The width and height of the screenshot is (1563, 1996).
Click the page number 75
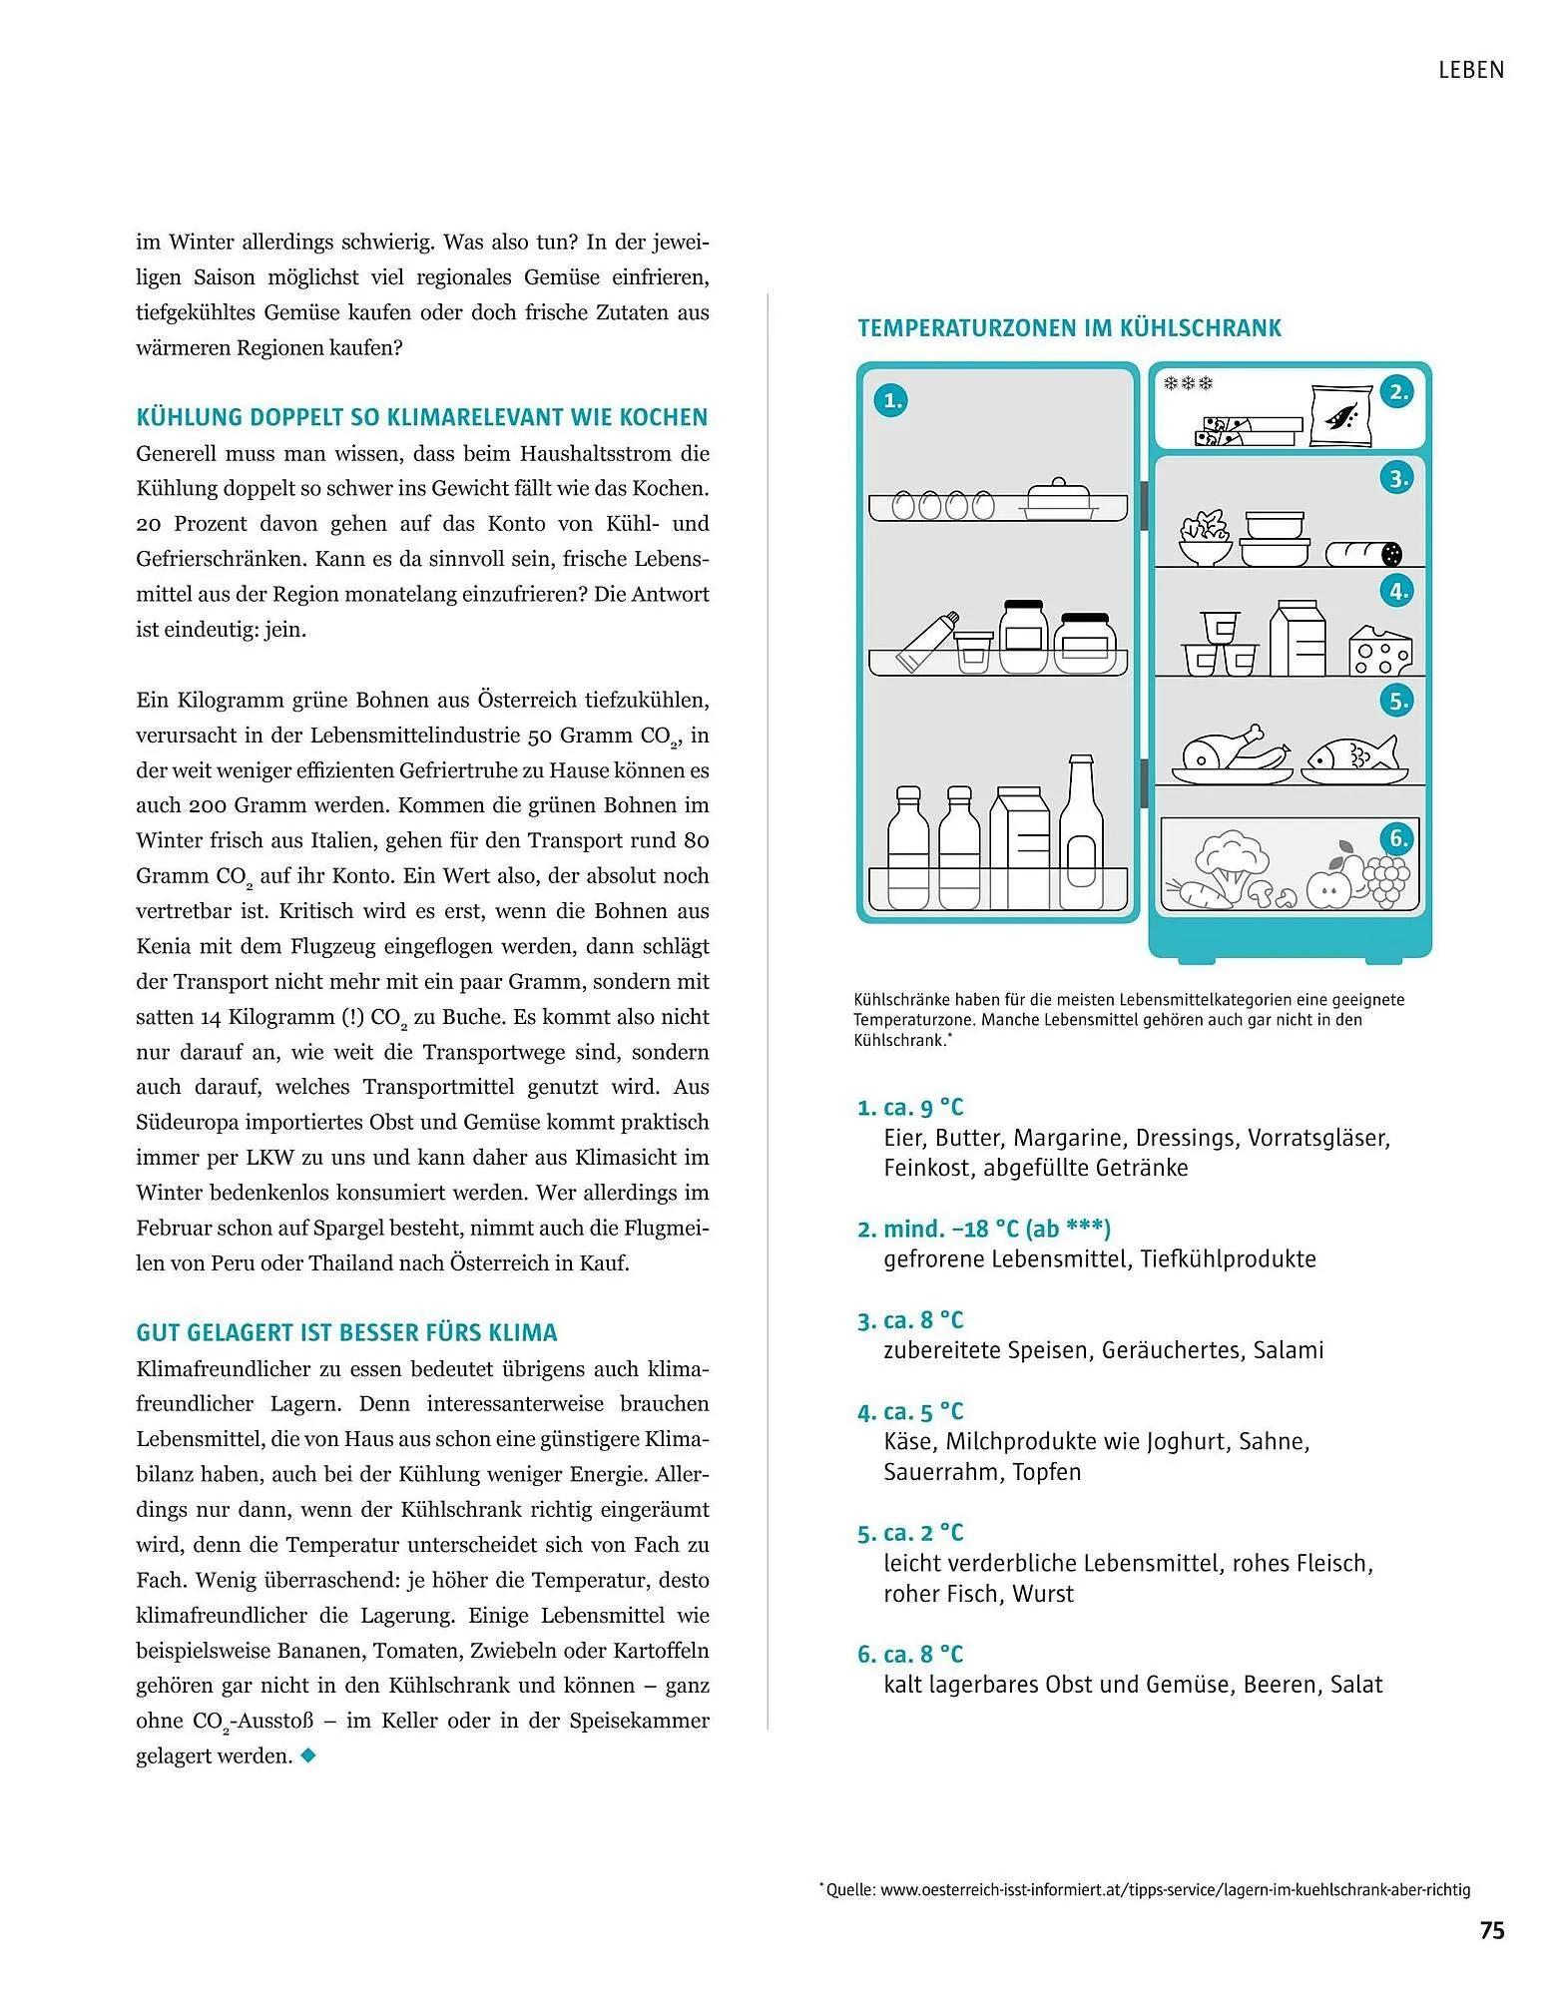(1491, 1930)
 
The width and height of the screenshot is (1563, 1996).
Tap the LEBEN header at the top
(1470, 70)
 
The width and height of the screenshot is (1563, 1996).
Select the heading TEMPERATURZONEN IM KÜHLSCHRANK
(1069, 328)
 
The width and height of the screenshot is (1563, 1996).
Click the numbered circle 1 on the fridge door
(890, 401)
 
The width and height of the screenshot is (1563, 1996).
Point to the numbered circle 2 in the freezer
(1398, 392)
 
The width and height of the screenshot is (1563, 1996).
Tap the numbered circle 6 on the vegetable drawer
(1398, 838)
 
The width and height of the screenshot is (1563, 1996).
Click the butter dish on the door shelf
(1059, 500)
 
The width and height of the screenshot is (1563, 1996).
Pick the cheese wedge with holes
(1380, 651)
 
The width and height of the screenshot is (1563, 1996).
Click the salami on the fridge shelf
(1363, 554)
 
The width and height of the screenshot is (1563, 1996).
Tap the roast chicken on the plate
(1231, 751)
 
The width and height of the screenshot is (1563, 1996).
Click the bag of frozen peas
(1340, 415)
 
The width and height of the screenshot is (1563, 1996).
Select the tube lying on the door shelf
(928, 641)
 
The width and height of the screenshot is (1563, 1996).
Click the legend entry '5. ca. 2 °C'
(910, 1533)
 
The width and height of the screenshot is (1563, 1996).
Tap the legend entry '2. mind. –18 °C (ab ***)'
(983, 1229)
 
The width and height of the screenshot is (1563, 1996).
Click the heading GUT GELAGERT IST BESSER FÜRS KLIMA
(346, 1333)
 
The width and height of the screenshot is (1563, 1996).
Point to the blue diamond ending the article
(308, 1754)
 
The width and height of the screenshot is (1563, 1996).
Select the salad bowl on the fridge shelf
(1205, 538)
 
